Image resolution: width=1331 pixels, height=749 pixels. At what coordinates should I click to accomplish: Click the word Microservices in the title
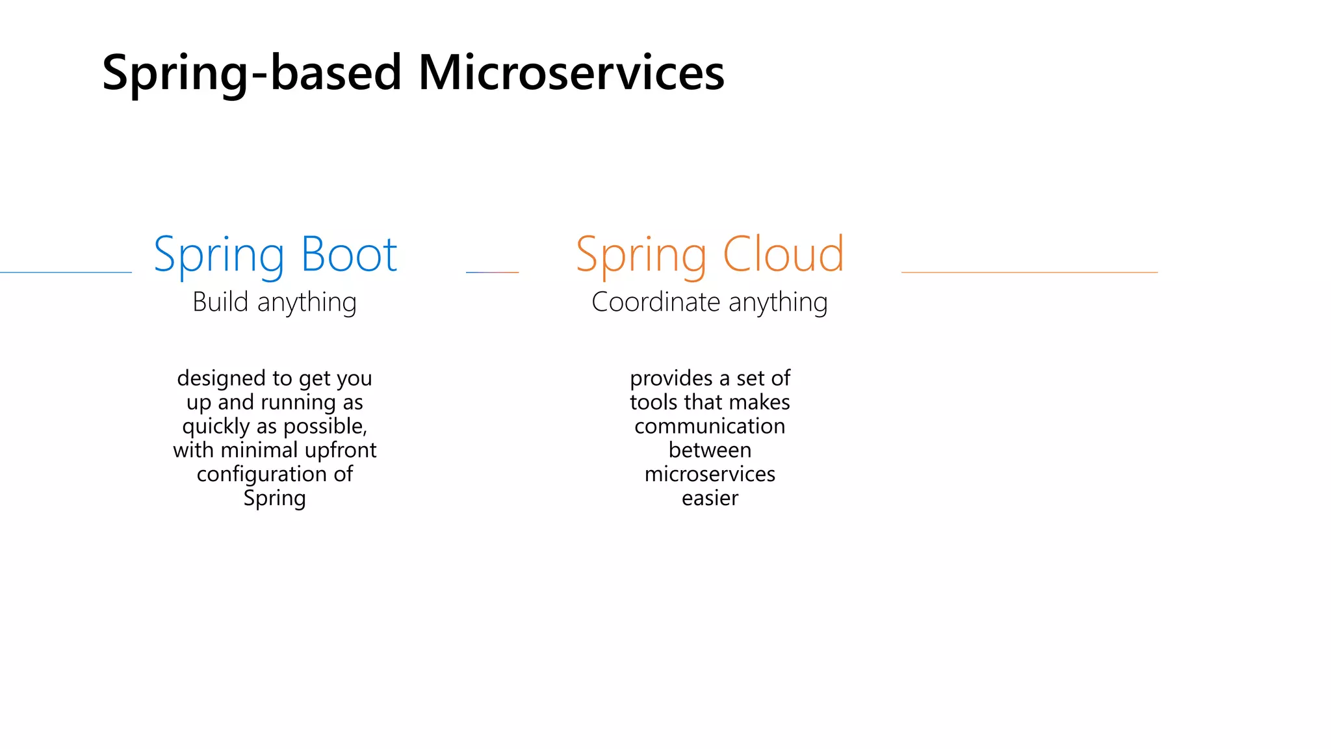click(571, 72)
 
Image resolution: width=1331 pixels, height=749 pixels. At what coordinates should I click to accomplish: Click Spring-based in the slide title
click(252, 72)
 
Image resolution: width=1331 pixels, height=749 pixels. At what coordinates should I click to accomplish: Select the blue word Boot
click(349, 254)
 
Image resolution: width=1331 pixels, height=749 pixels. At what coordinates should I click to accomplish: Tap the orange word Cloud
click(783, 254)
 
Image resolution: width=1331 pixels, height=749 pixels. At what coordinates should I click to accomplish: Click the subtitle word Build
click(220, 302)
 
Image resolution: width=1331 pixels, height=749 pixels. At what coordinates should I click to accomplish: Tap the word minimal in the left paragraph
click(259, 450)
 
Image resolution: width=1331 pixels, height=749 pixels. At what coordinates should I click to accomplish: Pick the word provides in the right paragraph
click(671, 378)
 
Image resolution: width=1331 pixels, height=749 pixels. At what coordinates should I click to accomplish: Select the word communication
click(710, 426)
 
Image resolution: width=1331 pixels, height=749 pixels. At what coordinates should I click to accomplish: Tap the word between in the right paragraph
click(710, 450)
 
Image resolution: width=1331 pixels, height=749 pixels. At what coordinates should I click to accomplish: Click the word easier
click(710, 498)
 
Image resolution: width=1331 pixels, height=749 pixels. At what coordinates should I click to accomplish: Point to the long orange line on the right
click(1029, 272)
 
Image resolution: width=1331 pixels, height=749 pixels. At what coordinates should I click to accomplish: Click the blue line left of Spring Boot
click(65, 272)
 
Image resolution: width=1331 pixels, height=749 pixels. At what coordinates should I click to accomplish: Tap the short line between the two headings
click(493, 272)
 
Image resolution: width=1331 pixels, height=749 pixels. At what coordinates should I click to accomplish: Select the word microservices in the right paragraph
click(710, 474)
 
